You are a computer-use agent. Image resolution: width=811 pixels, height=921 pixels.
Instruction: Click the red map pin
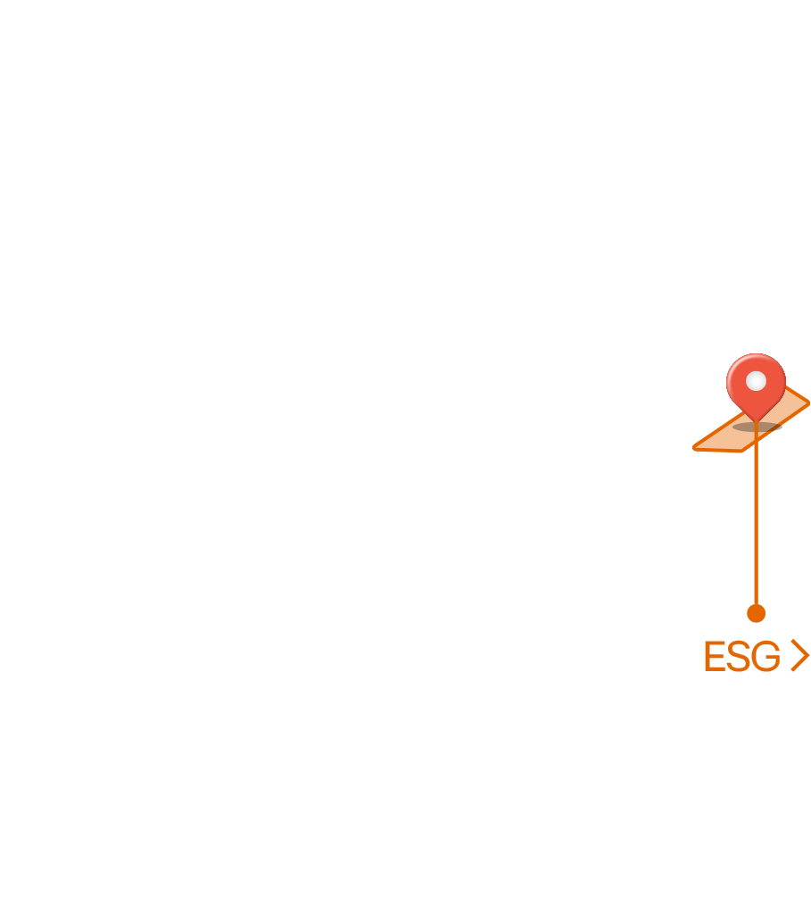[x=756, y=385]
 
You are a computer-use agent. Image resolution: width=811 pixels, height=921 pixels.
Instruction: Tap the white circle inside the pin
[x=756, y=381]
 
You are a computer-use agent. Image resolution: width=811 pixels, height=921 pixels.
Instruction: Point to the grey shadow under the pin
[x=757, y=427]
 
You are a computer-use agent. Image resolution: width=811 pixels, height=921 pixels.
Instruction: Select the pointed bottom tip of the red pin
[x=756, y=422]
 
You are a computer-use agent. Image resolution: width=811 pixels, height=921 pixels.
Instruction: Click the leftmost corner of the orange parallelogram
[x=694, y=449]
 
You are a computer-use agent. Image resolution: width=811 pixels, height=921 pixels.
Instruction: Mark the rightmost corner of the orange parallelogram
[x=808, y=403]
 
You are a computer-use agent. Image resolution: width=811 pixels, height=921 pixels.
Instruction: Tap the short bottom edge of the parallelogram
[x=718, y=450]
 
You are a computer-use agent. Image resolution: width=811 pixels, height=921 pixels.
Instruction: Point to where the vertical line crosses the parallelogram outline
[x=756, y=441]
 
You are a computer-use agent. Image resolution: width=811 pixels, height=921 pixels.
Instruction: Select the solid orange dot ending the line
[x=756, y=613]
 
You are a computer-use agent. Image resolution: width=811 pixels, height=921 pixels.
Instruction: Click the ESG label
[x=742, y=656]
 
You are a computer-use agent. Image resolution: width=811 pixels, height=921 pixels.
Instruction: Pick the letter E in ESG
[x=715, y=656]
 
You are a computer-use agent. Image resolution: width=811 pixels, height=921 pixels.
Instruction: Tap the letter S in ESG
[x=739, y=656]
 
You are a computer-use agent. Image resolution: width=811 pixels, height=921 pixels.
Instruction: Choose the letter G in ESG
[x=766, y=656]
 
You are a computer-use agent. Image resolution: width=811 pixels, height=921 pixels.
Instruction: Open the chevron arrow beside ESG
[x=800, y=655]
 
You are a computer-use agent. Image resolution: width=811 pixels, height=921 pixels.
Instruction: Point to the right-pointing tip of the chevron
[x=808, y=655]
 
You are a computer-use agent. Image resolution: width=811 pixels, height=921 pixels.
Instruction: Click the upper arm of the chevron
[x=800, y=647]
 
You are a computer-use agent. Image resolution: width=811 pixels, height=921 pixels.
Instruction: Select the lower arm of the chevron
[x=800, y=663]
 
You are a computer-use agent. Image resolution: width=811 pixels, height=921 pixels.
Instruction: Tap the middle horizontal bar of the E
[x=714, y=656]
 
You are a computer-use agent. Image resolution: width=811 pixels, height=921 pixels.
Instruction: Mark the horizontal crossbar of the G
[x=774, y=658]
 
